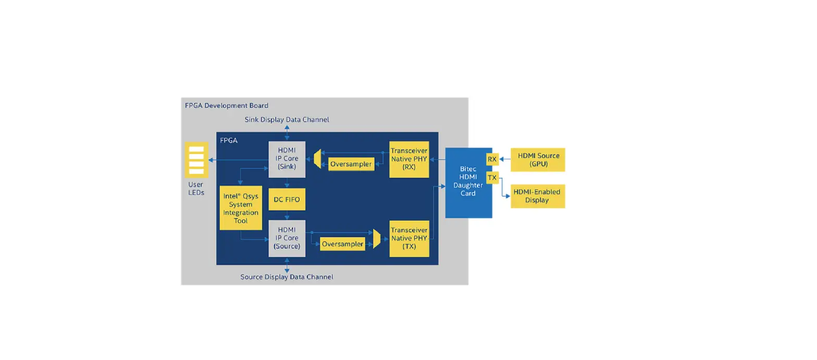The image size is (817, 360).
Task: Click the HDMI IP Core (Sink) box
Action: pyautogui.click(x=287, y=159)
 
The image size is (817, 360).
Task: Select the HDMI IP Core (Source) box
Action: pyautogui.click(x=287, y=238)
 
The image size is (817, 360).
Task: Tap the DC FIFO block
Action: pyautogui.click(x=287, y=200)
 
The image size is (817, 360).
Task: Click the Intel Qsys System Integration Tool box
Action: pyautogui.click(x=241, y=208)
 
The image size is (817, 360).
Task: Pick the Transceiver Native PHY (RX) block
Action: pyautogui.click(x=409, y=159)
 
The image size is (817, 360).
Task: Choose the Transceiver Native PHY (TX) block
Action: pyautogui.click(x=409, y=238)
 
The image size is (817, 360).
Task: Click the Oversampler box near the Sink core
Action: pyautogui.click(x=351, y=164)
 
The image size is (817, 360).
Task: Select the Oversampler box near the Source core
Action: pyautogui.click(x=342, y=244)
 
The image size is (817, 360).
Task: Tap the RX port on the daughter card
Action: pyautogui.click(x=492, y=159)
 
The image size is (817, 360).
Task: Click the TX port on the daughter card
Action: pyautogui.click(x=492, y=178)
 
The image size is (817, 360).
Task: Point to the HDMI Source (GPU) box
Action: pyautogui.click(x=538, y=159)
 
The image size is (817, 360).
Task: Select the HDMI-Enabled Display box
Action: pyautogui.click(x=538, y=196)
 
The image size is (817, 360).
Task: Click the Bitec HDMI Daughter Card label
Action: pyautogui.click(x=467, y=182)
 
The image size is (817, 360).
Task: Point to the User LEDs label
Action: pyautogui.click(x=196, y=189)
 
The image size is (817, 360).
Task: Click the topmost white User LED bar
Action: pyautogui.click(x=196, y=150)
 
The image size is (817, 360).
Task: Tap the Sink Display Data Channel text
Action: pyautogui.click(x=287, y=119)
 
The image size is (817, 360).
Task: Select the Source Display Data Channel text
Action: pyautogui.click(x=287, y=277)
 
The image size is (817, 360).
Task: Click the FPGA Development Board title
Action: pyautogui.click(x=227, y=105)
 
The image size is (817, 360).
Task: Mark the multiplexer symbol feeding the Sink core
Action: pyautogui.click(x=317, y=159)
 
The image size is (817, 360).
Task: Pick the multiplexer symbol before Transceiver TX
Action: pyautogui.click(x=377, y=239)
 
